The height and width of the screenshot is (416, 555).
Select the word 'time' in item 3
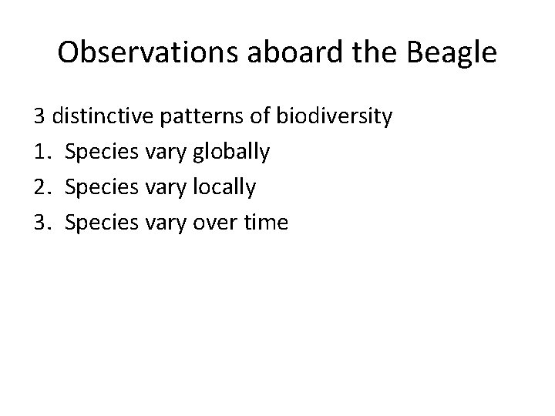tap(264, 223)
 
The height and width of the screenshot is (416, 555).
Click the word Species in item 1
tap(98, 153)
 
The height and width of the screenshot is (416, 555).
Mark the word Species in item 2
tap(98, 188)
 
